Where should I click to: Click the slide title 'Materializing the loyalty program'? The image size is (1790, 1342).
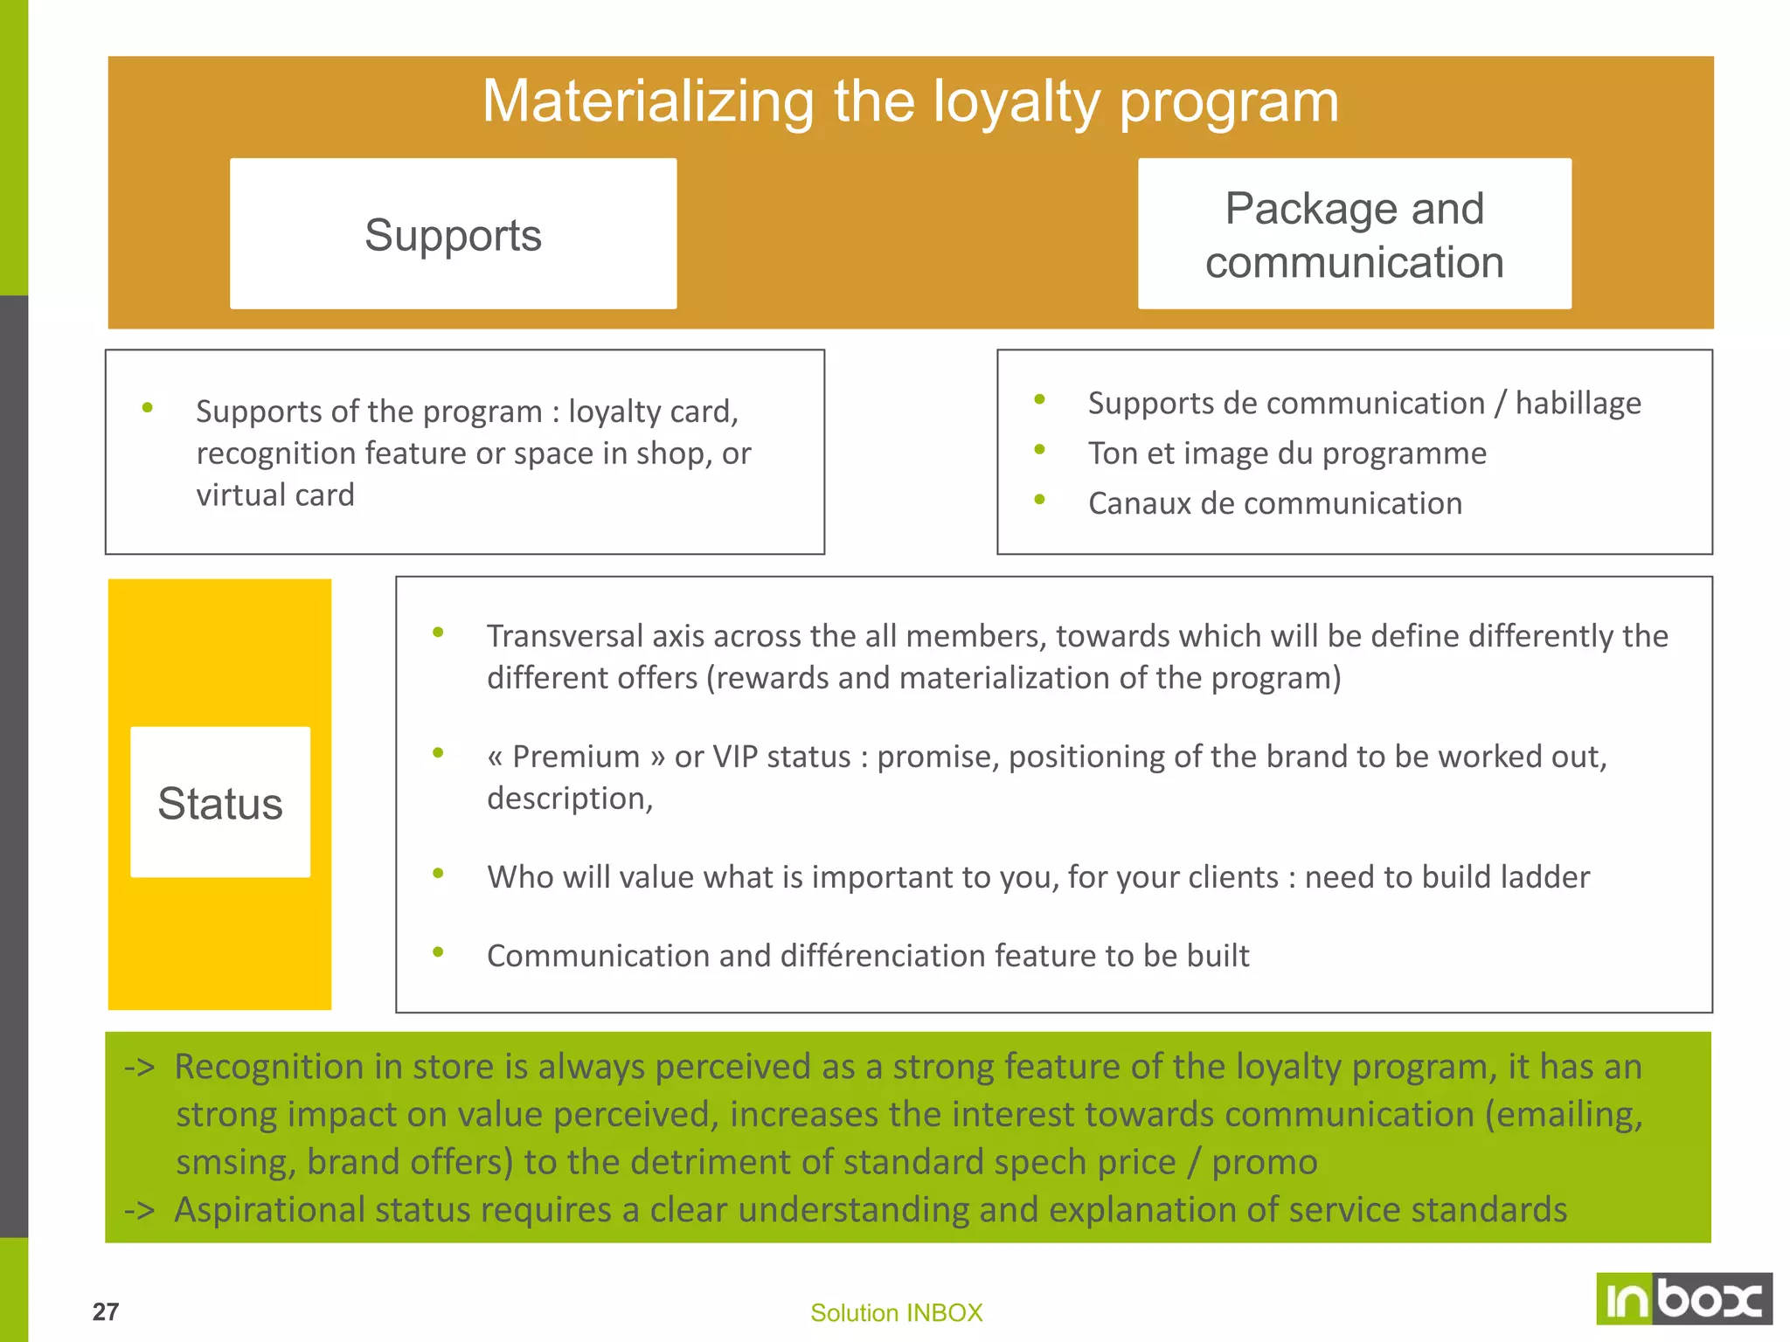click(x=910, y=101)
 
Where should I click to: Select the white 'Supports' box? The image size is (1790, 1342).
click(x=453, y=234)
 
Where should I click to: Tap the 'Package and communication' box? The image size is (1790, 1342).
click(x=1354, y=234)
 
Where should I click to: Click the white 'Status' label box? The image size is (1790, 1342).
click(x=220, y=802)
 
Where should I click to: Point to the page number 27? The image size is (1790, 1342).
click(x=106, y=1311)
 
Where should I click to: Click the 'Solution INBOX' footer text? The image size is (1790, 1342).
click(x=896, y=1312)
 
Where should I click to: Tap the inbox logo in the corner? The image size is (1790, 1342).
click(x=1683, y=1298)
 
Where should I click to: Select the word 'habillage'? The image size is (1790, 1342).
click(x=1578, y=404)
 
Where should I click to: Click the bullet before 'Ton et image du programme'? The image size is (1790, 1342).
click(x=1039, y=450)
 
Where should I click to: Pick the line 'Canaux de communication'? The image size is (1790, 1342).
click(x=1274, y=504)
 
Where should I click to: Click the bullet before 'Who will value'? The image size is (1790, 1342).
click(x=438, y=873)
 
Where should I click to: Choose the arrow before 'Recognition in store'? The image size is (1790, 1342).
click(x=140, y=1068)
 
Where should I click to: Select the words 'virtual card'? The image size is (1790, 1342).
click(x=275, y=495)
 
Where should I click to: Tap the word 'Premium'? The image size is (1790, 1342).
click(x=576, y=757)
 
